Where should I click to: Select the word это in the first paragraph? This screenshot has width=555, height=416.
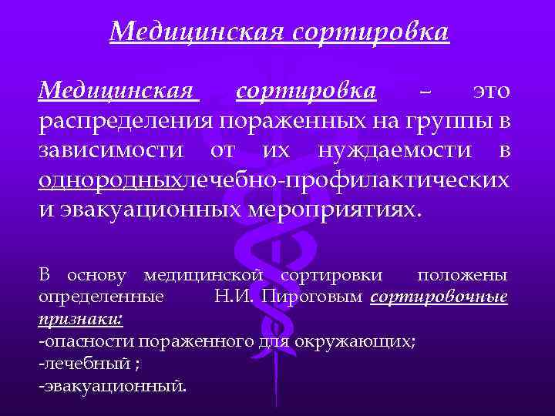(x=490, y=92)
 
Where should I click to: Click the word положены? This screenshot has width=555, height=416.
(x=462, y=275)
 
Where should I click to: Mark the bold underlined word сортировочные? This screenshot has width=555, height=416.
(x=439, y=297)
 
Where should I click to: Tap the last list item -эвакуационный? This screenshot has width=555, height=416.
(x=112, y=384)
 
